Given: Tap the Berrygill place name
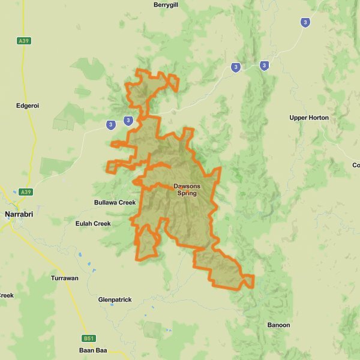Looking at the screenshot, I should (x=166, y=4).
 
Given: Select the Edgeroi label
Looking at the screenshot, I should (x=27, y=106).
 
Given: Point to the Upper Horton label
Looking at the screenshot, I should (x=309, y=118).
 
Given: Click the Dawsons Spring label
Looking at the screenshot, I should (x=187, y=190).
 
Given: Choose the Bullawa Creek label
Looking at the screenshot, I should (x=115, y=203).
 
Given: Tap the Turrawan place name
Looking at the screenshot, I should (x=64, y=278).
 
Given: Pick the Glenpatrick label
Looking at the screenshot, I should (x=115, y=299).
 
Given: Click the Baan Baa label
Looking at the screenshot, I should (x=92, y=350).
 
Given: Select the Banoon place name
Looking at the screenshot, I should (x=278, y=325).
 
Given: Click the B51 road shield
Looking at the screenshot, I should (x=88, y=338).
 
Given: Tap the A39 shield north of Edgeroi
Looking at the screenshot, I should (x=24, y=41).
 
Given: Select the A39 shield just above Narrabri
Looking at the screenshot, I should (x=25, y=192).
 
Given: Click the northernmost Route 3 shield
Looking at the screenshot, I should (x=306, y=22).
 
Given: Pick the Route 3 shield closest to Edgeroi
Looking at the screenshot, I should (x=110, y=125).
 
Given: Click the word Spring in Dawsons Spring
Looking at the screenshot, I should (x=187, y=193).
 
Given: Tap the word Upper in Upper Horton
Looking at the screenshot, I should (x=298, y=118).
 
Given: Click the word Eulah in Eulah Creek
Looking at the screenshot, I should (x=84, y=224).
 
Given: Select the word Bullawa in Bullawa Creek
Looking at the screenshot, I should (x=106, y=203).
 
